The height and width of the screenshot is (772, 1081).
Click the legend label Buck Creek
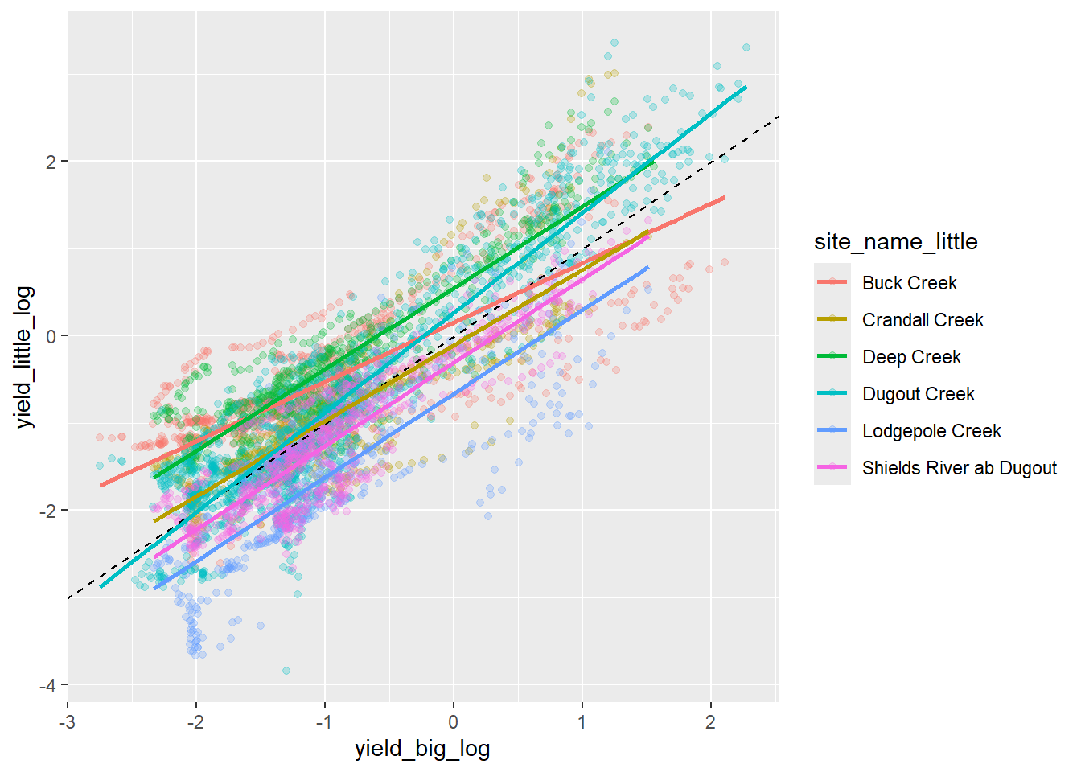coord(909,283)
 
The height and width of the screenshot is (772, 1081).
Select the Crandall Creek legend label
coord(923,320)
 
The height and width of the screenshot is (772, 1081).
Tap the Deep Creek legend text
coord(911,357)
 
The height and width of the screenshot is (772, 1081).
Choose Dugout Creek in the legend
coord(918,394)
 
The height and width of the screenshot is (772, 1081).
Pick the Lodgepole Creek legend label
coord(931,431)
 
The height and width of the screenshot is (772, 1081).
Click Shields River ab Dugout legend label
coord(959,468)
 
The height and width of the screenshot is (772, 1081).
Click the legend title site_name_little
coord(895,242)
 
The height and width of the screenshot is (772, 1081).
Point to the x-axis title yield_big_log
coord(422,749)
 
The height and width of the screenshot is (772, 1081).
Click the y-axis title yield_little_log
coord(25,357)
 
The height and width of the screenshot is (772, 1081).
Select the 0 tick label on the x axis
coord(454,722)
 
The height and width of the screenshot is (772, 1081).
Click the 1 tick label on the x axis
coord(582,722)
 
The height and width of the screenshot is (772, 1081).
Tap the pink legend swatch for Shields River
coord(832,467)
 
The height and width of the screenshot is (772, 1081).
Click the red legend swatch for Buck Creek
coord(832,282)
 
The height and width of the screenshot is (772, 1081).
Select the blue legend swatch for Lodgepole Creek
coord(832,430)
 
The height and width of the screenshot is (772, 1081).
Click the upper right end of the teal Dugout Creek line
coord(746,87)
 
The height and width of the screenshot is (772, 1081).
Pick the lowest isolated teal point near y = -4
coord(286,671)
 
